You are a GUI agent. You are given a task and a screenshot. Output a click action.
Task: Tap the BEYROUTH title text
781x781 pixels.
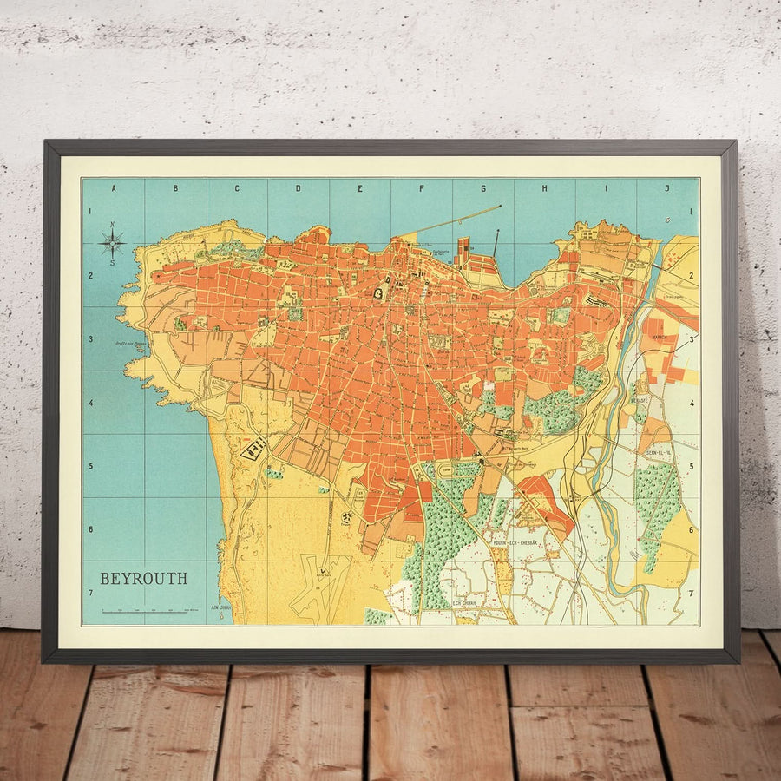pos(143,579)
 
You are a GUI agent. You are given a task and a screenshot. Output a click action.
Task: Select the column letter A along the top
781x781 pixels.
pos(113,187)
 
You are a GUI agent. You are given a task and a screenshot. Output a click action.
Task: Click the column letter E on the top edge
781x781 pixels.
pos(359,187)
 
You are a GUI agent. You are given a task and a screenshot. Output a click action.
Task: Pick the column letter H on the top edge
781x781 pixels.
pos(544,187)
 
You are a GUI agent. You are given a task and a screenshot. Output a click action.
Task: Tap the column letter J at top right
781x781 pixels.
pos(667,187)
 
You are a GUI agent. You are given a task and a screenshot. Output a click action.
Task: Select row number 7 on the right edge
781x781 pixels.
pos(692,594)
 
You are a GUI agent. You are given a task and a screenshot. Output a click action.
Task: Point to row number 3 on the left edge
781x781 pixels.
pos(90,339)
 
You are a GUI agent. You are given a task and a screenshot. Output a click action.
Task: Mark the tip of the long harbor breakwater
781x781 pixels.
pos(502,206)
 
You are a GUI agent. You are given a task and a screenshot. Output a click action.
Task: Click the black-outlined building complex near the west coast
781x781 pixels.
pos(253,449)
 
